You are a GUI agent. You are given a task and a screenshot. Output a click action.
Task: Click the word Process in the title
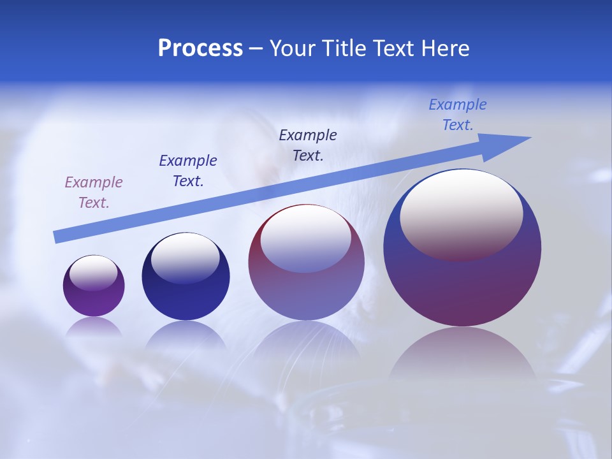pyautogui.click(x=200, y=48)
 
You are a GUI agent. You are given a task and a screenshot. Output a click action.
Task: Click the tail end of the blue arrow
pyautogui.click(x=56, y=237)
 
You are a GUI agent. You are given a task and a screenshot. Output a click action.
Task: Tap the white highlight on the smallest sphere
pyautogui.click(x=94, y=273)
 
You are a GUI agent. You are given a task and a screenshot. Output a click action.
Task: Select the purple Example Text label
pyautogui.click(x=94, y=192)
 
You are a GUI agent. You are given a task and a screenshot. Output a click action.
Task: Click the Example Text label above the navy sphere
pyautogui.click(x=188, y=170)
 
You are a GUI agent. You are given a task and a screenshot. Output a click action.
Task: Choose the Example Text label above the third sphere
pyautogui.click(x=308, y=145)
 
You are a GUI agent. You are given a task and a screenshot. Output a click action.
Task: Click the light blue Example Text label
pyautogui.click(x=458, y=115)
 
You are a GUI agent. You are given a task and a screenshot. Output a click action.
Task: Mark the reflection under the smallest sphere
pyautogui.click(x=94, y=326)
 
